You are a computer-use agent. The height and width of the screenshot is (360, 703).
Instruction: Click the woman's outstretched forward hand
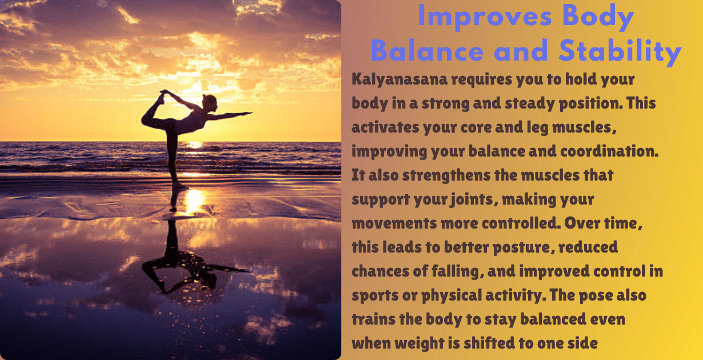click(x=248, y=113)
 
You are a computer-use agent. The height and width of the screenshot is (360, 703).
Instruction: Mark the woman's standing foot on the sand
click(x=178, y=186)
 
